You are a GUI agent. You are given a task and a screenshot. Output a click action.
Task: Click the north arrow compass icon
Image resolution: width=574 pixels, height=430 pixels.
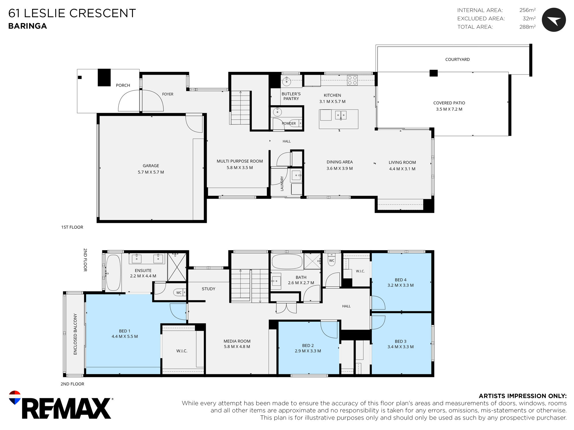click(x=554, y=20)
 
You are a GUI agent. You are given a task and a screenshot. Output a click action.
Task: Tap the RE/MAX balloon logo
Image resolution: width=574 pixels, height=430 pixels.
click(x=15, y=397)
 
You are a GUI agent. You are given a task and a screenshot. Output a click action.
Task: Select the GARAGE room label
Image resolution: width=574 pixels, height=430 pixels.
click(x=151, y=166)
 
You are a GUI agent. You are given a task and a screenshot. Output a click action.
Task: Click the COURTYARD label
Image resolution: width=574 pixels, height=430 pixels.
click(x=457, y=59)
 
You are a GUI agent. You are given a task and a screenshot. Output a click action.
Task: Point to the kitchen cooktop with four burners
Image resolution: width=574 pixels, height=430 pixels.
click(x=352, y=80)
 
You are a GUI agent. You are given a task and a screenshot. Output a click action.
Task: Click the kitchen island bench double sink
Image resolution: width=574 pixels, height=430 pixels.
click(x=341, y=115)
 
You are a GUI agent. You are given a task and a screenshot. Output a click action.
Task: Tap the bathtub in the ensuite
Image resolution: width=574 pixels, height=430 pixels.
click(x=113, y=273)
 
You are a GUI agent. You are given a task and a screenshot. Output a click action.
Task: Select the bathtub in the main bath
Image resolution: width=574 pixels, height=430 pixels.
click(x=287, y=261)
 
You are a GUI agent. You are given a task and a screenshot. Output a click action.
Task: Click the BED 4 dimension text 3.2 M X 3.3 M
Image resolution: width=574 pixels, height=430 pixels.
click(x=400, y=285)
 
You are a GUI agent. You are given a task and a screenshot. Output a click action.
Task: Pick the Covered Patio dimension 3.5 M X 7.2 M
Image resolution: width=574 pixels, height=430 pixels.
click(x=449, y=109)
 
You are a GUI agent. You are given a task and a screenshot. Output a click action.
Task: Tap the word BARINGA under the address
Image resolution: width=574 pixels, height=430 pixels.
click(x=28, y=26)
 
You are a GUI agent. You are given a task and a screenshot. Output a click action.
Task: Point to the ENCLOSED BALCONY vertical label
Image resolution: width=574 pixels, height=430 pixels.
click(x=75, y=334)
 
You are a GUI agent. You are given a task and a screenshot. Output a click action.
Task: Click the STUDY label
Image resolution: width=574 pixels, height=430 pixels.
click(x=208, y=289)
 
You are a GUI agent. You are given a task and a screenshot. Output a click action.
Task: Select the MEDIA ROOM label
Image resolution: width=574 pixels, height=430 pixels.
click(x=237, y=341)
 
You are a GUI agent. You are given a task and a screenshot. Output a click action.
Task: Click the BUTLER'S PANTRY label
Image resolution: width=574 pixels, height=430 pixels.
click(x=291, y=96)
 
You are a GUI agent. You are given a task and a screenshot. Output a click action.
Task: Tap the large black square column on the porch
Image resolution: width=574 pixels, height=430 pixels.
click(x=104, y=77)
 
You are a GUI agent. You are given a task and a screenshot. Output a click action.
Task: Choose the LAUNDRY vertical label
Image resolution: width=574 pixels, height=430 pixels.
click(x=282, y=183)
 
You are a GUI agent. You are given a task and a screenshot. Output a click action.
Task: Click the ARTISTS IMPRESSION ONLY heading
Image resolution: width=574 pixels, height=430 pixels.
click(x=523, y=396)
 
